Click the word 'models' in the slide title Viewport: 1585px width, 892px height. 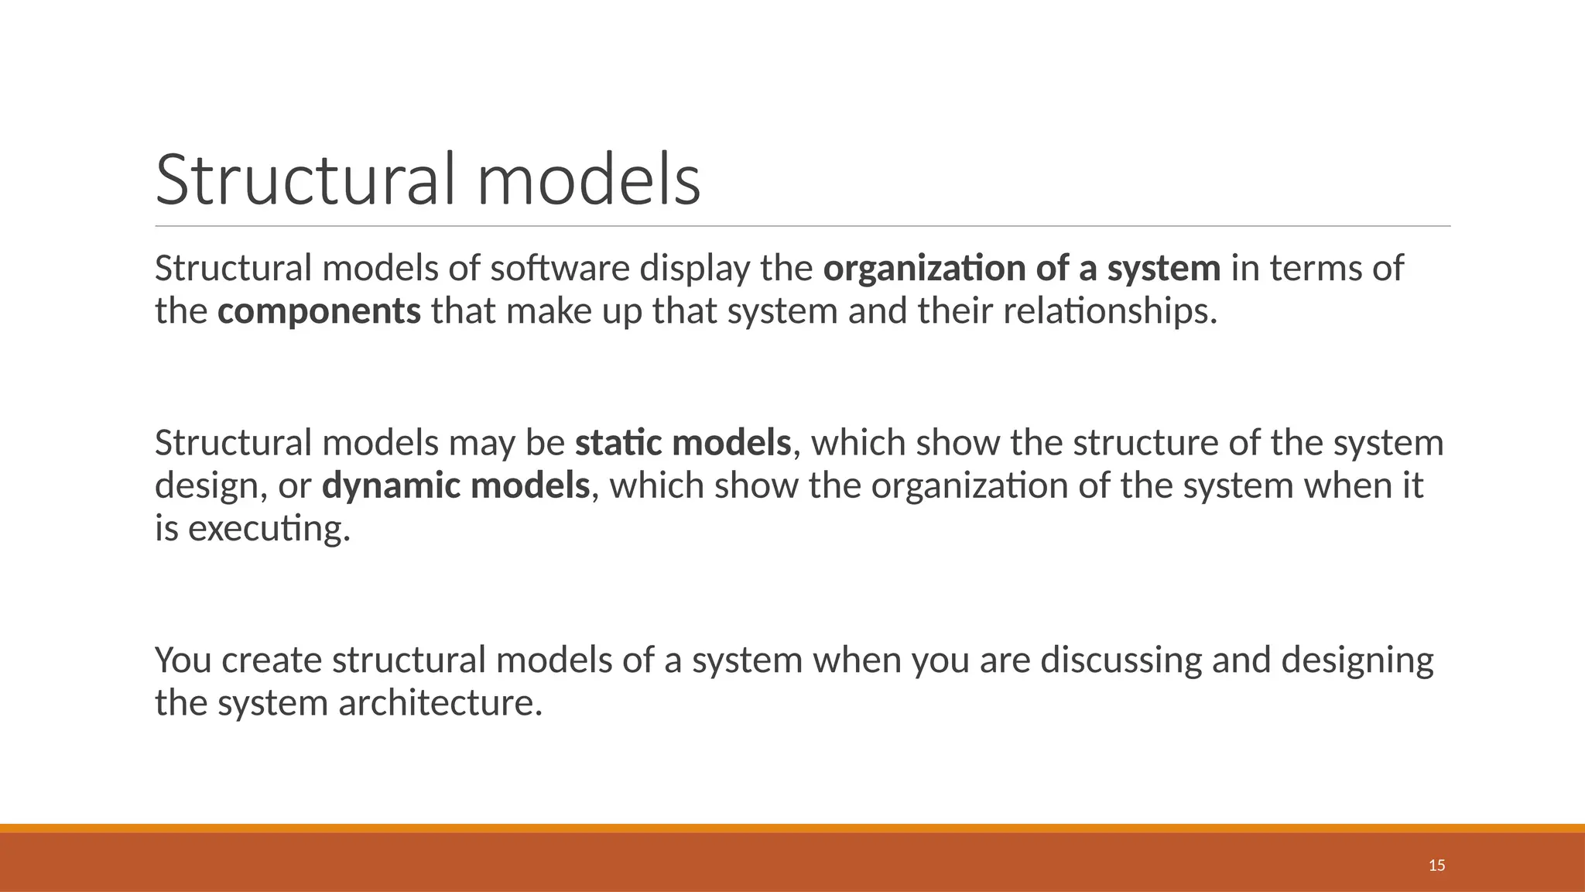coord(588,180)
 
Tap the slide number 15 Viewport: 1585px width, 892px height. coord(1436,866)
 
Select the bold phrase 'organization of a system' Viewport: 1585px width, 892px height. coord(1022,269)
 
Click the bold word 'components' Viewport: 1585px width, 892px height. coord(319,312)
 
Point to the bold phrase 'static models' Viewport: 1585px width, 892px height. coord(683,444)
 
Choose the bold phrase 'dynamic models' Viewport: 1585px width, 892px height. coord(456,486)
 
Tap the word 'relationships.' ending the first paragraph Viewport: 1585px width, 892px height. coord(1110,312)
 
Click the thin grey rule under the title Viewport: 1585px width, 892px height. coord(802,226)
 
